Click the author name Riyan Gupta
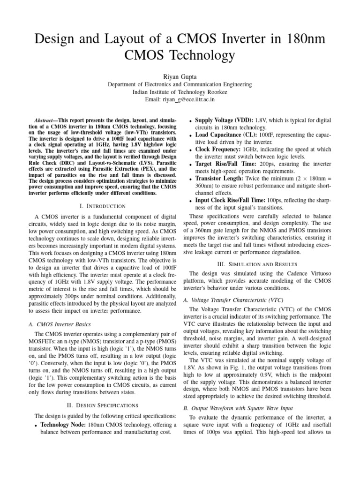180,74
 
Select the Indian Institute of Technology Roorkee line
180,92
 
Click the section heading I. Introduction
102,206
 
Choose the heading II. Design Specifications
102,405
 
